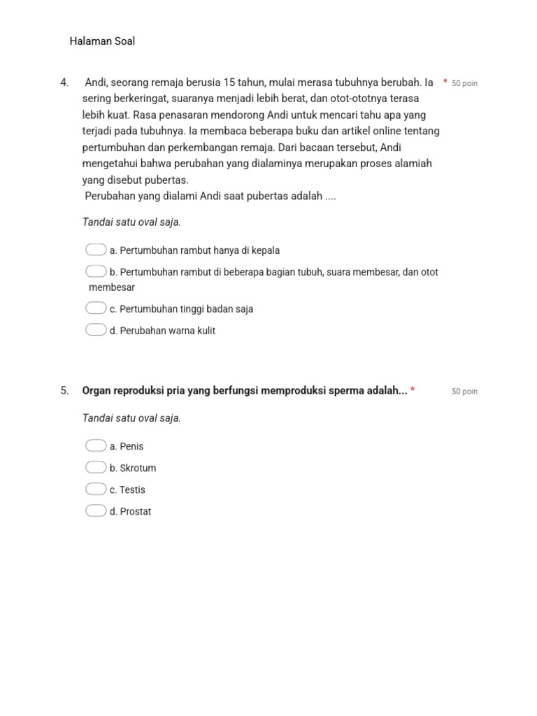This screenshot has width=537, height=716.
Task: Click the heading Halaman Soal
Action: pos(102,41)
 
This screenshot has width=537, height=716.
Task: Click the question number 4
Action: pos(64,83)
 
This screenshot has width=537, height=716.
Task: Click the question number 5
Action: pos(64,391)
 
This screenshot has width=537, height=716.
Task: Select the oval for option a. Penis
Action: pos(96,446)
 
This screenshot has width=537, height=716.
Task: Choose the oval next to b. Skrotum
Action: pos(96,468)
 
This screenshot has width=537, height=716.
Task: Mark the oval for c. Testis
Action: pos(96,489)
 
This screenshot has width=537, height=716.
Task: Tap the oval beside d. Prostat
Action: pos(96,511)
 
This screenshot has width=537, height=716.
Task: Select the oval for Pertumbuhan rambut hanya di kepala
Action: pos(96,250)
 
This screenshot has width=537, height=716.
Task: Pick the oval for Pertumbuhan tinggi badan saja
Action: pos(96,308)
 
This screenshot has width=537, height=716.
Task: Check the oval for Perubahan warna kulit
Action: pos(96,330)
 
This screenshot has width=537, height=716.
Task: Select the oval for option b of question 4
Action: pos(96,271)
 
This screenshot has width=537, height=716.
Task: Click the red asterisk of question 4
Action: pos(445,83)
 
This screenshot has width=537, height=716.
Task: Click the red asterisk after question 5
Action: pos(413,390)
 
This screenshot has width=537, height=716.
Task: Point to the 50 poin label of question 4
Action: pos(464,83)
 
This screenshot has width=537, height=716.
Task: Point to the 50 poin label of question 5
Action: pos(464,392)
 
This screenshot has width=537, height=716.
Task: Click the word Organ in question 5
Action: pos(96,391)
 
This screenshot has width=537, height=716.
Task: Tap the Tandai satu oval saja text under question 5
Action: pos(131,418)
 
